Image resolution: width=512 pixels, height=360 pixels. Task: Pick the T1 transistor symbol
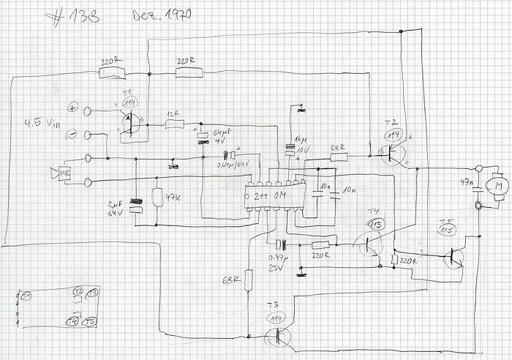tap(129, 119)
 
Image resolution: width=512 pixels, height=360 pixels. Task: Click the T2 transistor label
tap(389, 121)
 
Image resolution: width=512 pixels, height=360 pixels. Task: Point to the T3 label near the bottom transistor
tap(273, 305)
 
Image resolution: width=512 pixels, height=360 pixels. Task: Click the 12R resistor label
tap(173, 114)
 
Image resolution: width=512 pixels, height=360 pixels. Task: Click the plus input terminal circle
tap(89, 110)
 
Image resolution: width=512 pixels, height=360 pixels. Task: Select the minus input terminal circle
tap(89, 135)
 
